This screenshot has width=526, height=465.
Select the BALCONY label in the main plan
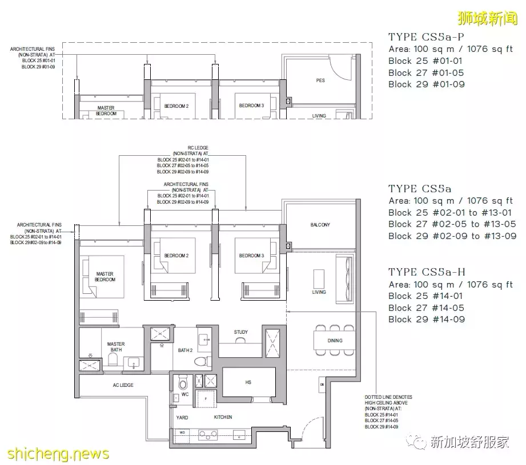(x=320, y=225)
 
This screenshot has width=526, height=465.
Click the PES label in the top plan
(x=320, y=80)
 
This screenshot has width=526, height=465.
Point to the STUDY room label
(x=240, y=332)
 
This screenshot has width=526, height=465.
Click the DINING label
(x=335, y=341)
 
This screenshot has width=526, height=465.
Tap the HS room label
(x=248, y=382)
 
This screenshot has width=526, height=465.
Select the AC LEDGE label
(x=122, y=385)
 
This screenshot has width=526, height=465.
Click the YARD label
(x=182, y=418)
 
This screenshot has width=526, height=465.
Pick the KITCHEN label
(x=223, y=418)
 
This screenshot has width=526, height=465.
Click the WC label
(x=184, y=394)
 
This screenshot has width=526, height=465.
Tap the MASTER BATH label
(x=116, y=347)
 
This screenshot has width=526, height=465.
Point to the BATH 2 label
(x=184, y=350)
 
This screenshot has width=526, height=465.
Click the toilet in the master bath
(x=113, y=359)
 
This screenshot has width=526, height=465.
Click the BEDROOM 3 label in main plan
(x=251, y=256)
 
